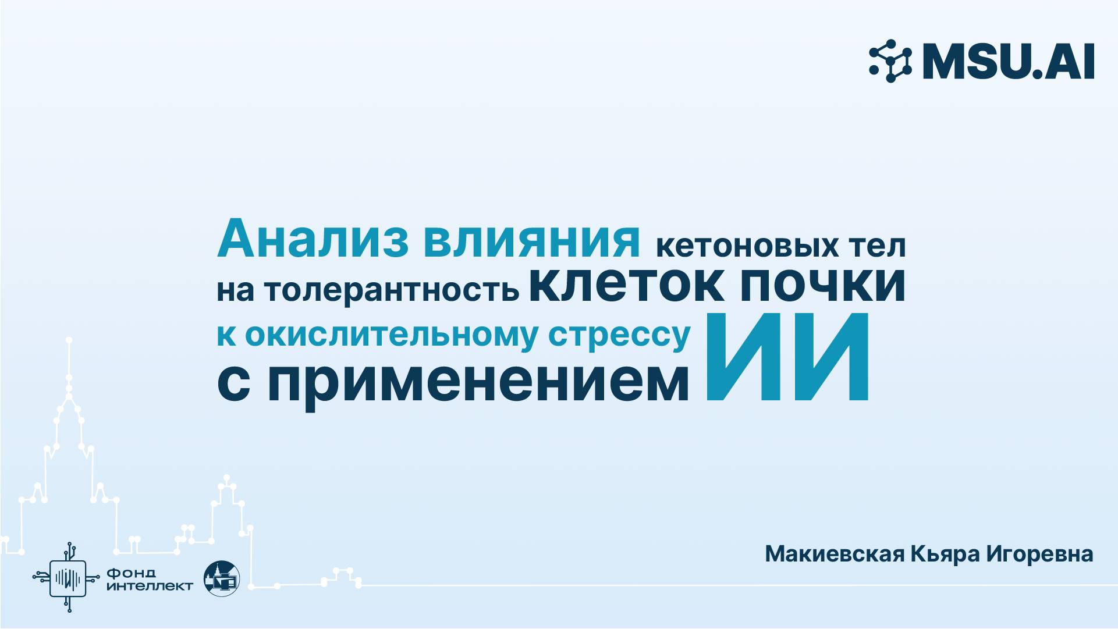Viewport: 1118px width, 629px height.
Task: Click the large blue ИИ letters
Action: [788, 357]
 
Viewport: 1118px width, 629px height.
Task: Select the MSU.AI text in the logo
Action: [1008, 61]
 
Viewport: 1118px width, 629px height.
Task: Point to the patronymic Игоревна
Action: [1039, 554]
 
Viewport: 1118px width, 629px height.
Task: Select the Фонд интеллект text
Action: [149, 580]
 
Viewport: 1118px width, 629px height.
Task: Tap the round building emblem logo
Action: [222, 578]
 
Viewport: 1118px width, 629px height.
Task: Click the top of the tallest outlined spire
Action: [69, 340]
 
